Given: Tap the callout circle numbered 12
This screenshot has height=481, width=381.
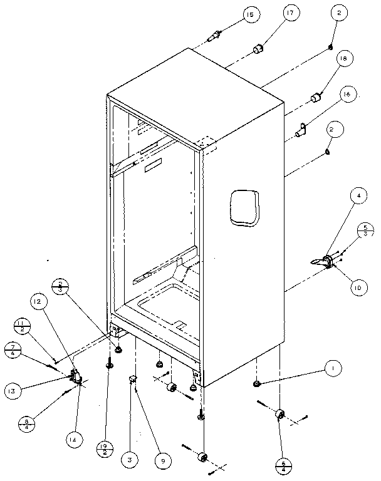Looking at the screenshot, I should [x=38, y=303].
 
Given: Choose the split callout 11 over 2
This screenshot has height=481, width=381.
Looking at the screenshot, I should [x=22, y=325].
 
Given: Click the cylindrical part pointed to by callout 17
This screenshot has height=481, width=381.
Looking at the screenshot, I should [x=258, y=48].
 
